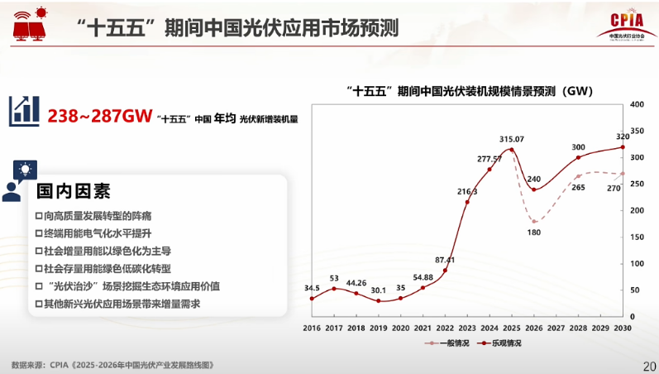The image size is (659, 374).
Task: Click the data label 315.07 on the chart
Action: [512, 139]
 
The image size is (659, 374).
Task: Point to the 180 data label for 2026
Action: [533, 233]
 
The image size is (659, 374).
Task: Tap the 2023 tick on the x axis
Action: [467, 328]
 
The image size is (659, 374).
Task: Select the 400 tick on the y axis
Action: [637, 104]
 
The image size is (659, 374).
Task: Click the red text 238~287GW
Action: [99, 116]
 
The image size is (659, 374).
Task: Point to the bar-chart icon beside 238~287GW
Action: [24, 111]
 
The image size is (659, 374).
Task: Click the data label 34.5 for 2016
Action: [312, 288]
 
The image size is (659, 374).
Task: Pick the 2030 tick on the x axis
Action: [623, 328]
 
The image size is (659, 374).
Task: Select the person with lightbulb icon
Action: [18, 181]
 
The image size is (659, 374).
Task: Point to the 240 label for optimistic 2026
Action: [533, 180]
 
